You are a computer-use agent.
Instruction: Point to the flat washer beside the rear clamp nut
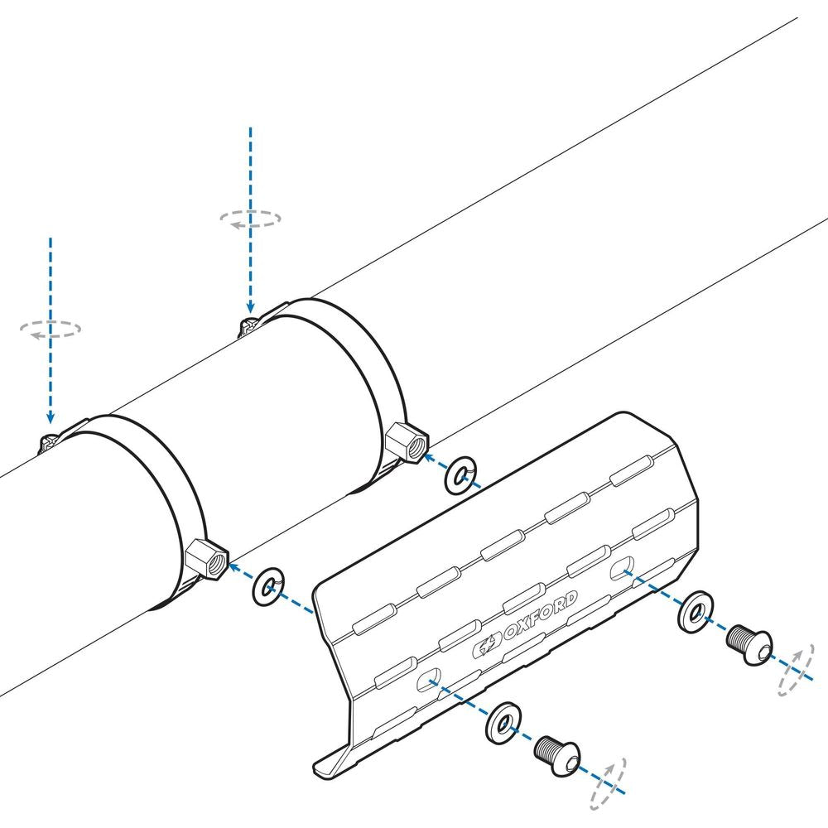click(460, 475)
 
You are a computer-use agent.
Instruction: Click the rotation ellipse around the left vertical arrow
click(51, 329)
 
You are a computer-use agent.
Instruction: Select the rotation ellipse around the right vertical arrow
click(250, 219)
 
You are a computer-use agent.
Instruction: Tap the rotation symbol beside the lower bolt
click(608, 782)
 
